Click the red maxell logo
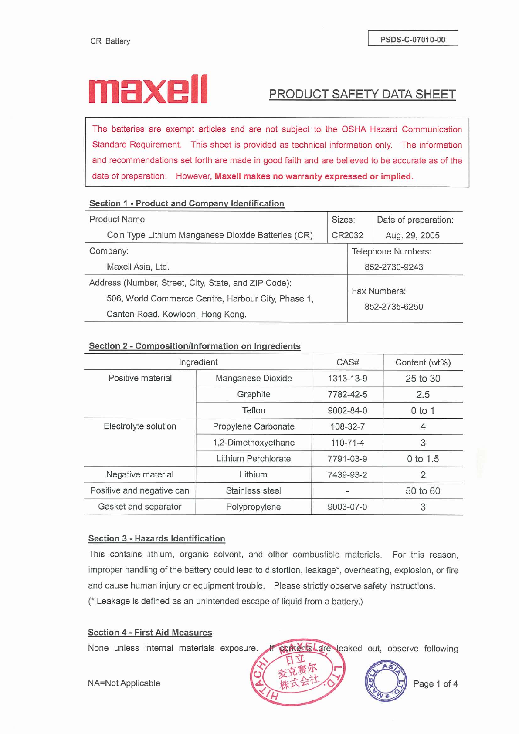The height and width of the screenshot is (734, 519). (x=148, y=89)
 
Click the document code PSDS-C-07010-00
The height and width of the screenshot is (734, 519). (x=413, y=39)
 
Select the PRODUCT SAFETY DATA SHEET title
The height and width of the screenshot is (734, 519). (x=362, y=95)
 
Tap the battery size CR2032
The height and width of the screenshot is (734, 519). (x=347, y=235)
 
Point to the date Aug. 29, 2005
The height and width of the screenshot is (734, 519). (x=412, y=236)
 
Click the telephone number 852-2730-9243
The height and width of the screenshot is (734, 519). (x=393, y=267)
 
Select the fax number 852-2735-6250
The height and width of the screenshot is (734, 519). (x=393, y=307)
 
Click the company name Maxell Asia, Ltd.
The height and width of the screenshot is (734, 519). (x=138, y=267)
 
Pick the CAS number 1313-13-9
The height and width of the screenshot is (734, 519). (x=347, y=379)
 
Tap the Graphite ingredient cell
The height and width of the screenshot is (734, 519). (x=254, y=394)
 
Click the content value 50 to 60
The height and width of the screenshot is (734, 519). (x=423, y=491)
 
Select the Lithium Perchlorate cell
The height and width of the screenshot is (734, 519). (x=254, y=459)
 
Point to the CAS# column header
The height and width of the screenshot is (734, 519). (x=347, y=362)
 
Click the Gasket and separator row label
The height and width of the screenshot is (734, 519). (x=139, y=507)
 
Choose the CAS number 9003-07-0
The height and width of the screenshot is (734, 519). (x=347, y=507)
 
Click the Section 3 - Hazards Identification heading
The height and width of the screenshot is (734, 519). (x=156, y=538)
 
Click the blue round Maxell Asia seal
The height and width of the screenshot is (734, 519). (x=385, y=681)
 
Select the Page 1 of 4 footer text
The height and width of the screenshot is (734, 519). (x=435, y=684)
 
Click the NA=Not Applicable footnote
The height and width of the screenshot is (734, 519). (x=124, y=683)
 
